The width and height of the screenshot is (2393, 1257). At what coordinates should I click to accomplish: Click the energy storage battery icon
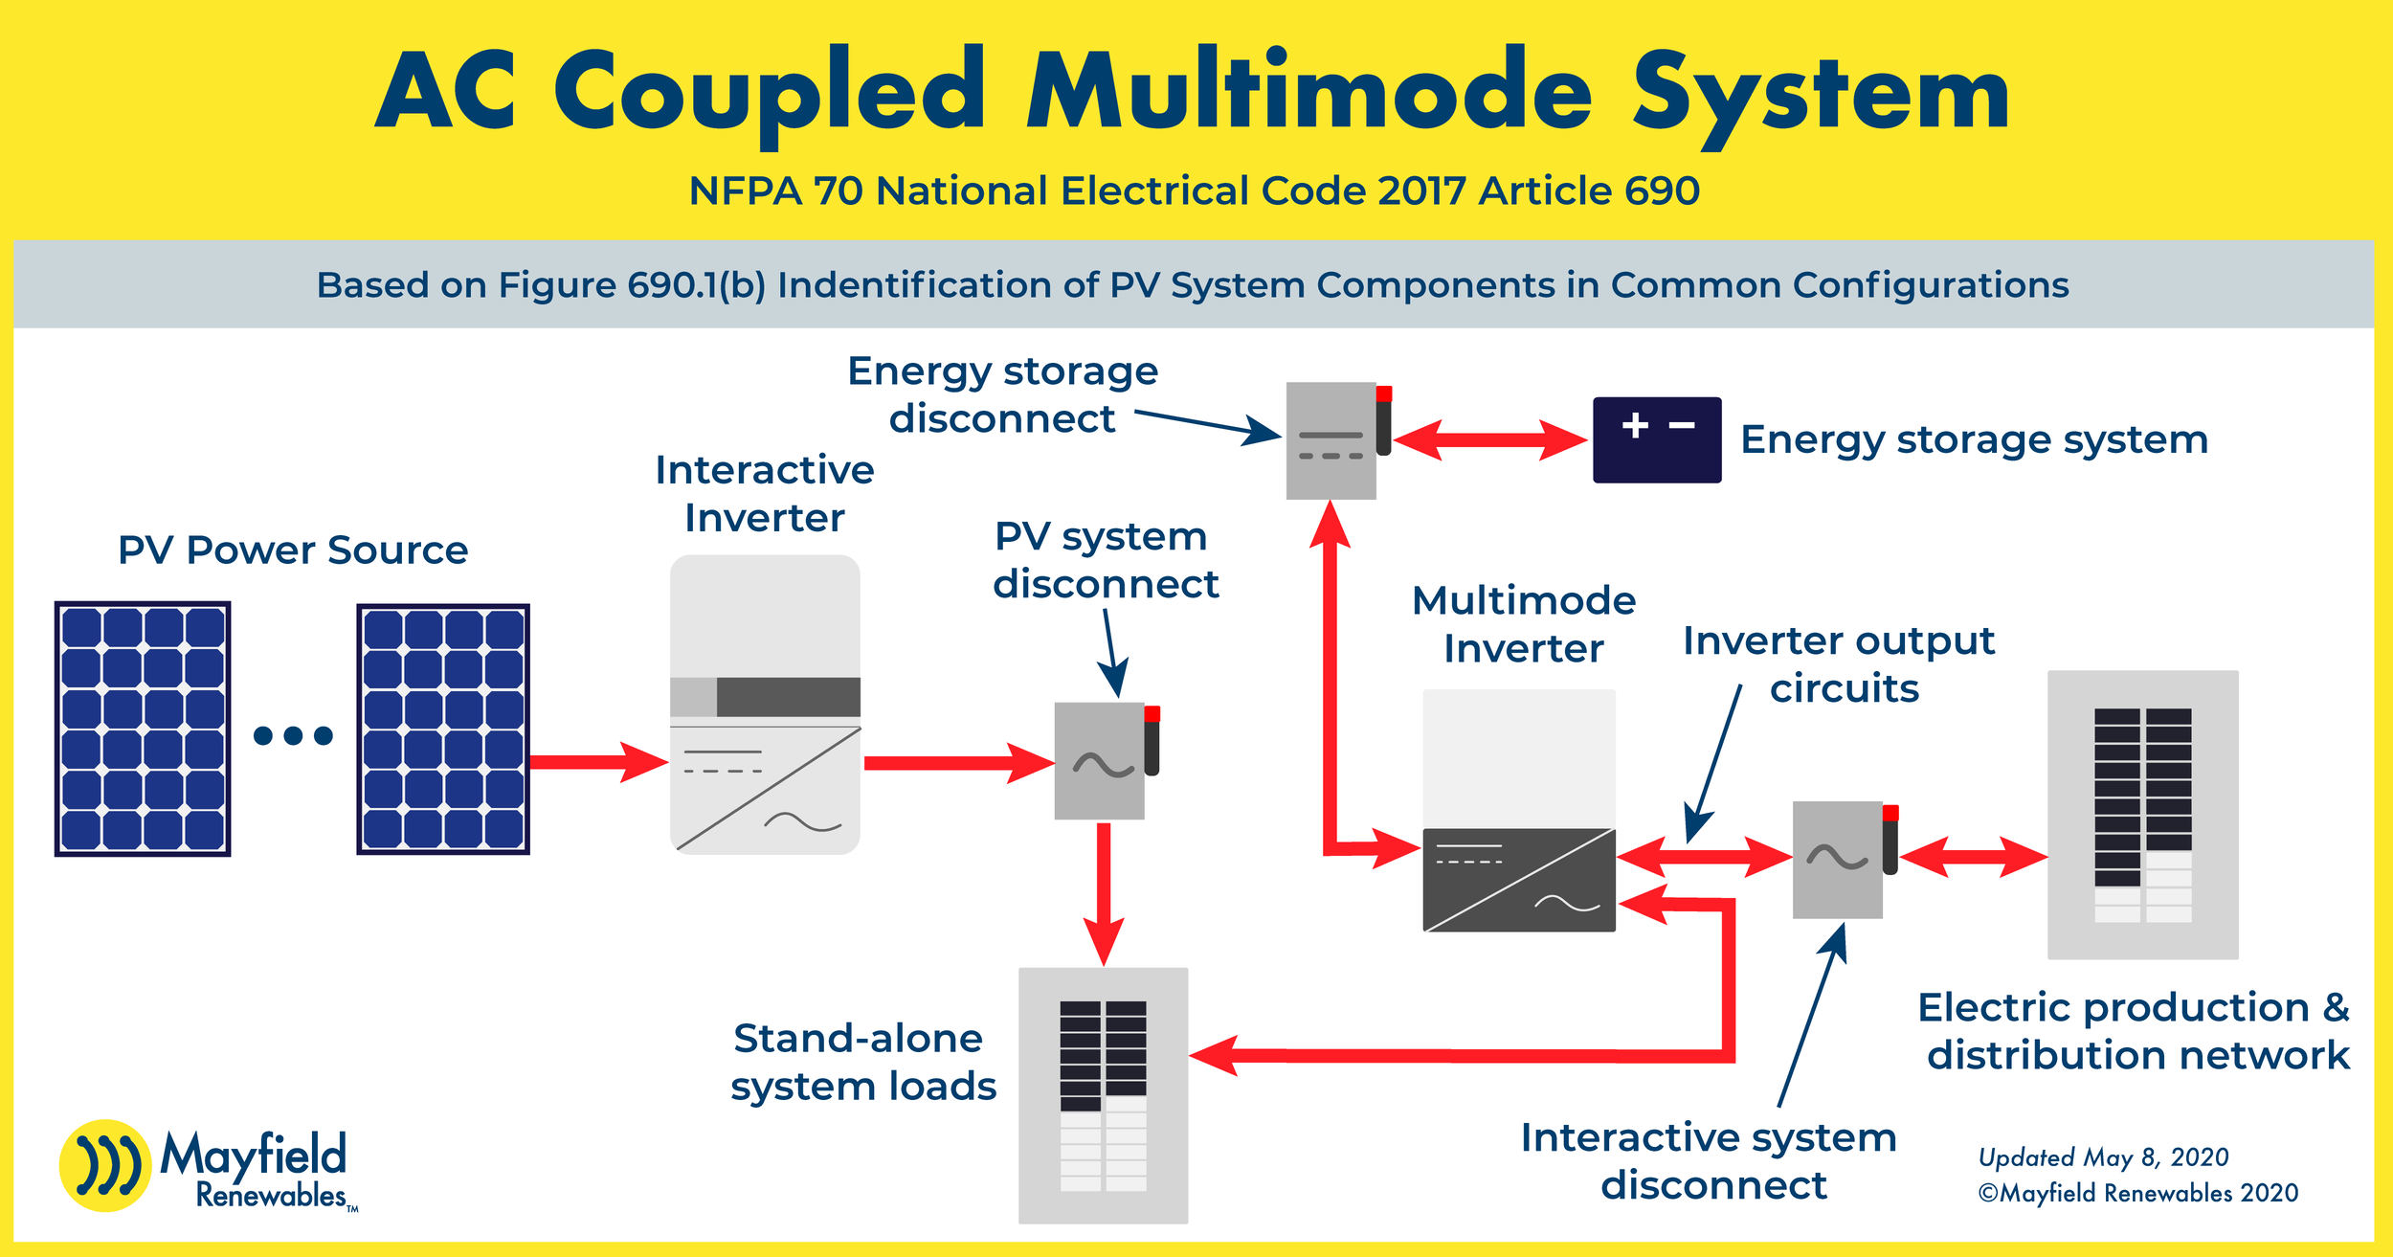click(x=1656, y=440)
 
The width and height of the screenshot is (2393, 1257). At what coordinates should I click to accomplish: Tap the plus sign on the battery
click(x=1635, y=425)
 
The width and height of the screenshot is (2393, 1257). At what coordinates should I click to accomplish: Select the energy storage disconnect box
click(x=1331, y=440)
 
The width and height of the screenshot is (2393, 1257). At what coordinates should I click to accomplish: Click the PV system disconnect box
click(x=1099, y=761)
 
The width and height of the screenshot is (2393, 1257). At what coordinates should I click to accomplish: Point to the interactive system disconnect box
click(x=1837, y=860)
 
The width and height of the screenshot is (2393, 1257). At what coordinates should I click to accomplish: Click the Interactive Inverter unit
click(x=765, y=705)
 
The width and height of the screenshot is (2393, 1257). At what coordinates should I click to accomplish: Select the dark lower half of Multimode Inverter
click(x=1519, y=880)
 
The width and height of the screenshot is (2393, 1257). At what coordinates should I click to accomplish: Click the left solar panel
click(x=143, y=729)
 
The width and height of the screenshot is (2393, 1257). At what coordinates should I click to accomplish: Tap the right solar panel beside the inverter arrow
click(x=443, y=729)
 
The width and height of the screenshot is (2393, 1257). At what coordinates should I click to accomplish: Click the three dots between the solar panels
click(x=293, y=735)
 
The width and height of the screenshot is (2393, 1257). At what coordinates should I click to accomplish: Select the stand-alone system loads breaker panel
click(x=1103, y=1095)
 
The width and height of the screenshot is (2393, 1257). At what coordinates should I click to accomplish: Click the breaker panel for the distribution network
click(x=2142, y=815)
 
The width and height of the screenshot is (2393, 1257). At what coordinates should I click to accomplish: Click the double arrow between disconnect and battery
click(x=1489, y=440)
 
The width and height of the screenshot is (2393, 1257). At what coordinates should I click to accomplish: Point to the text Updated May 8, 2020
click(x=2103, y=1157)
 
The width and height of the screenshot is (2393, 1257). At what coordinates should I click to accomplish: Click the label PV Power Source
click(x=293, y=550)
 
